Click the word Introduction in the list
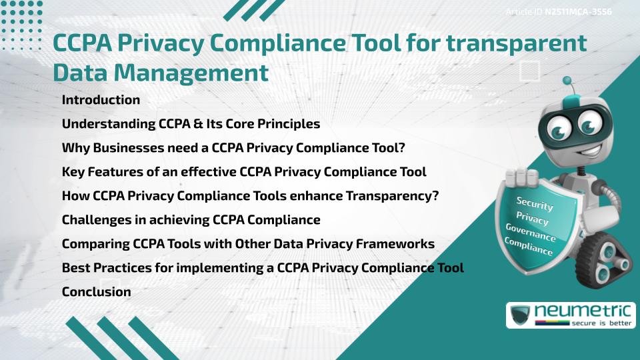pyautogui.click(x=101, y=100)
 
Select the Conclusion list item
pyautogui.click(x=96, y=292)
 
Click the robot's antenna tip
pyautogui.click(x=567, y=81)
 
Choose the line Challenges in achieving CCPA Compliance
pyautogui.click(x=191, y=220)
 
